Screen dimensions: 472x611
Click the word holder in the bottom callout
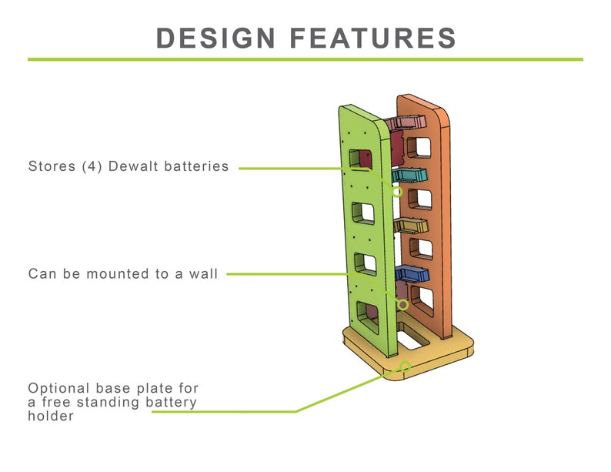(51, 417)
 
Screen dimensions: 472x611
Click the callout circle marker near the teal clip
(397, 191)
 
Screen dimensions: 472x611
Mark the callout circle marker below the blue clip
(402, 304)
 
